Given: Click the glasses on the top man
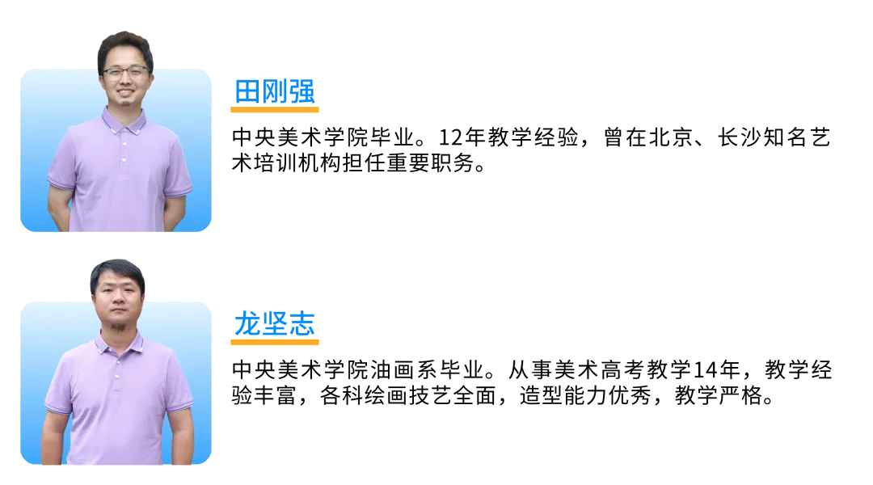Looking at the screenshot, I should [125, 73].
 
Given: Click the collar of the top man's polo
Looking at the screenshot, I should [124, 121].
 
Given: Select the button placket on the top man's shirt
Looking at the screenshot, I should [124, 150].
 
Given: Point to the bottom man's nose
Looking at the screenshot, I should [118, 307].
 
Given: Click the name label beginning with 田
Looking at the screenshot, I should [275, 91].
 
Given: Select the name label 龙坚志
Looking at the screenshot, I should [275, 323].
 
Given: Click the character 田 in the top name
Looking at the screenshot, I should [247, 91].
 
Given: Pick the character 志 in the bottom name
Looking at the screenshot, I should [302, 323].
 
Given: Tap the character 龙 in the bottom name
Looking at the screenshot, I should [247, 323].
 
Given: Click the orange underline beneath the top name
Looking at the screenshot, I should [275, 109].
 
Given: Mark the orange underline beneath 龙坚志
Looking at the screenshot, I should [275, 342].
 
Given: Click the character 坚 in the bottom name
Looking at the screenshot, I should [275, 323].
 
